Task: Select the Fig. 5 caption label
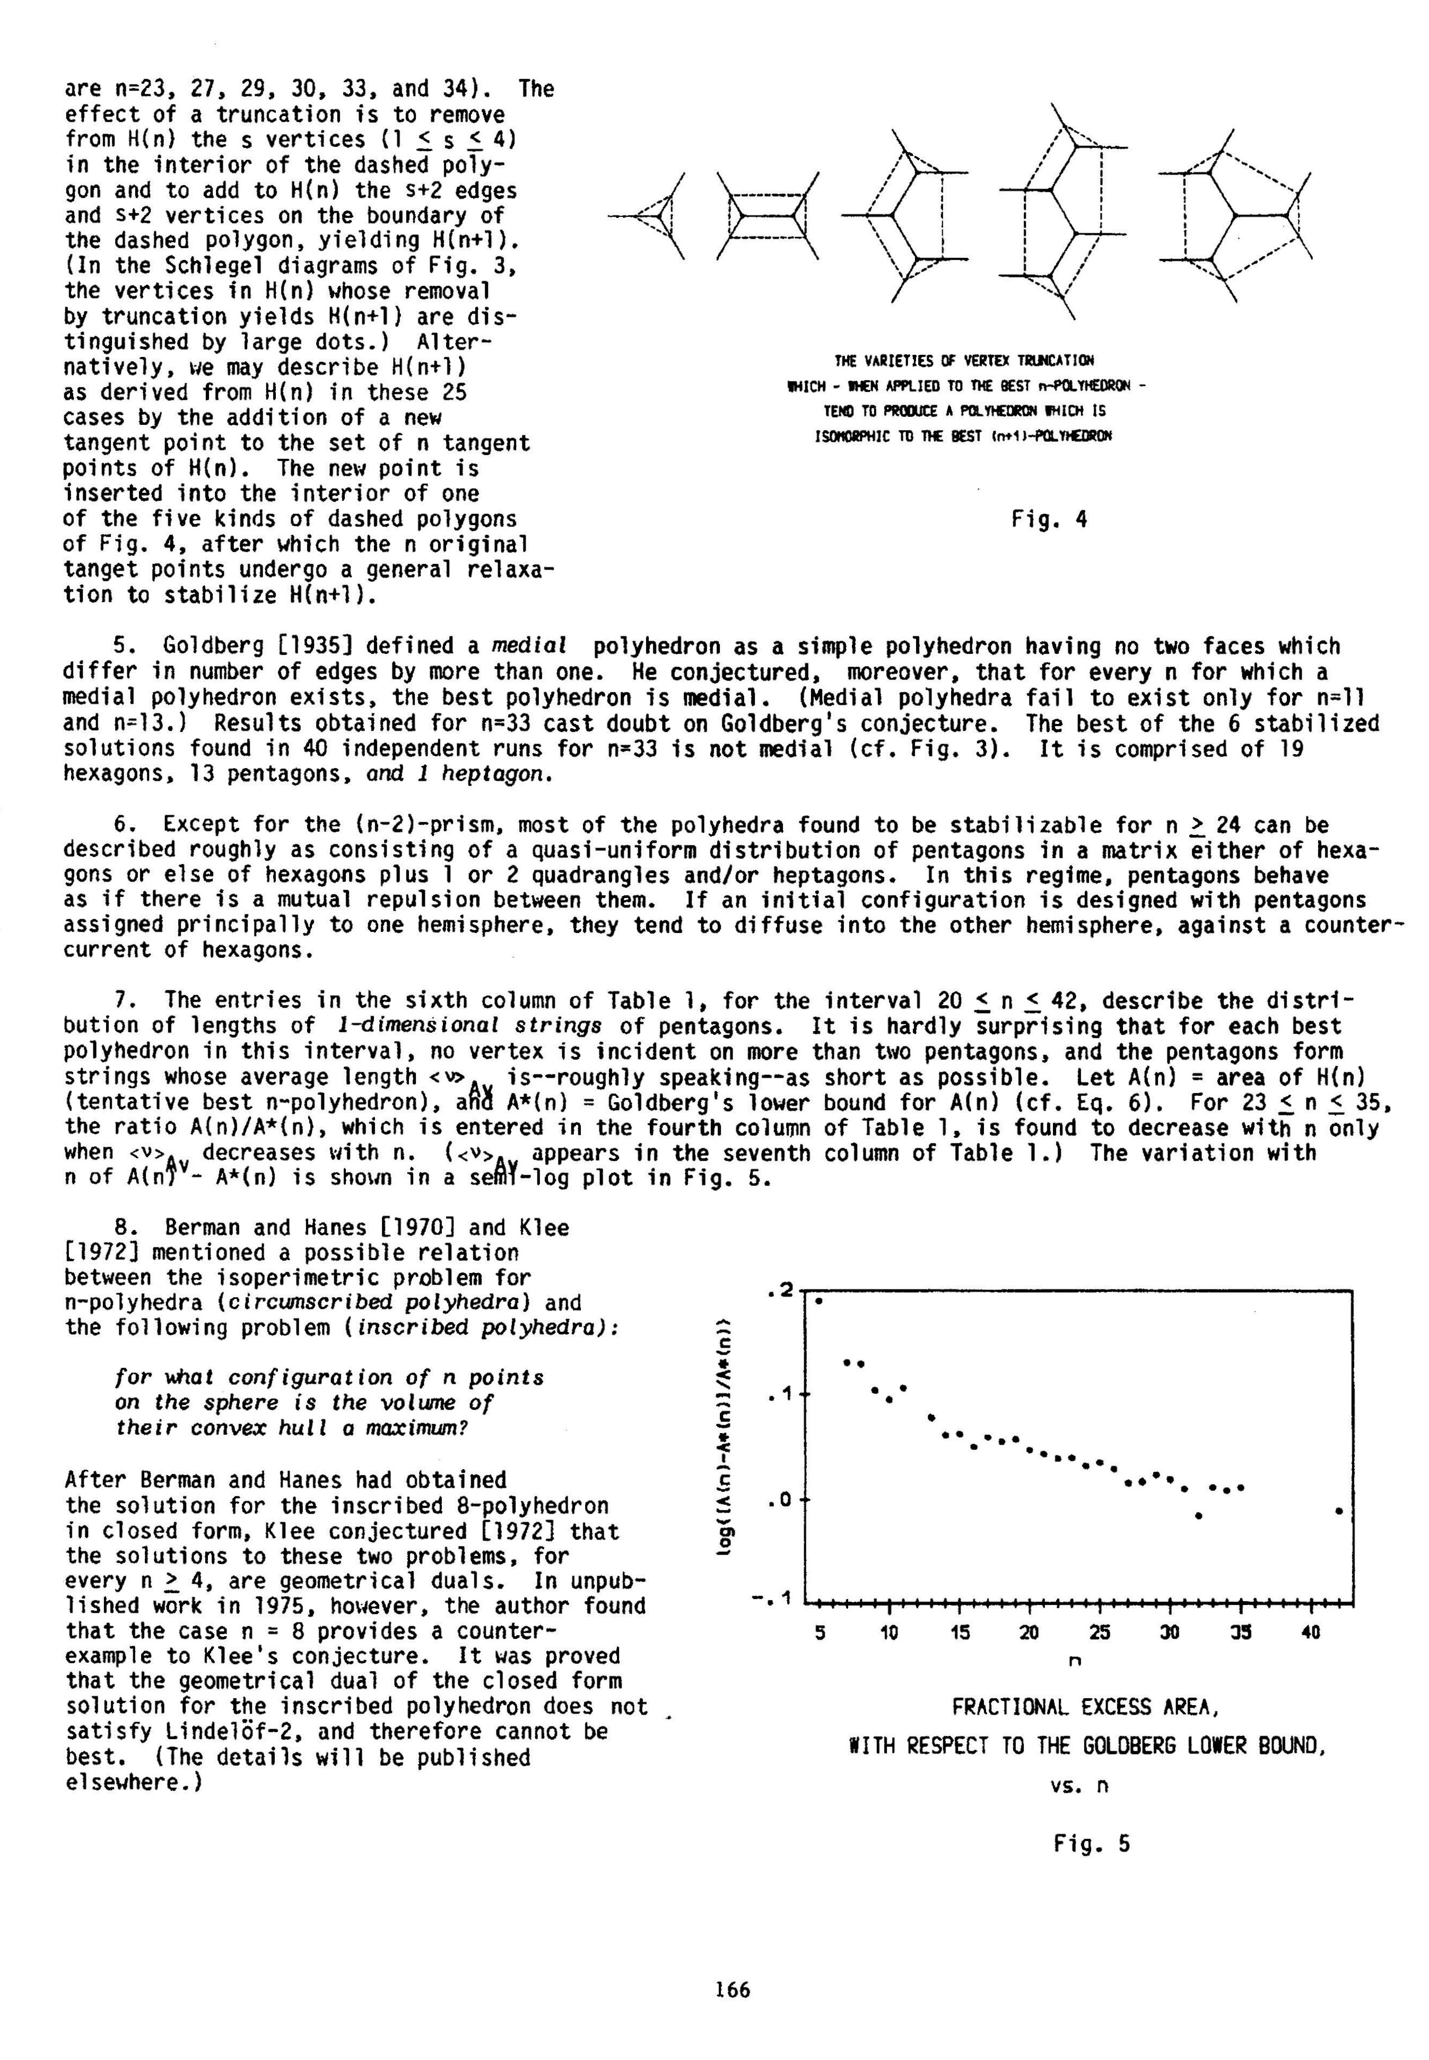tap(1092, 1844)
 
